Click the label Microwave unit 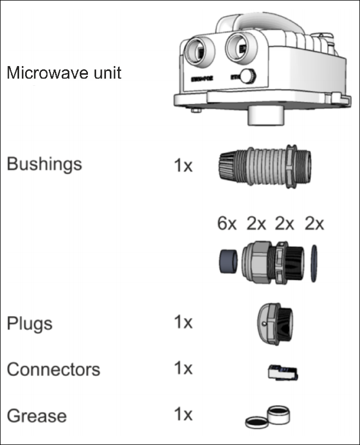[64, 73]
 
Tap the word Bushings [44, 164]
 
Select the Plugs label [29, 323]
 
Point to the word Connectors [54, 370]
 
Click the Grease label [37, 416]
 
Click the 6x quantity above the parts [227, 224]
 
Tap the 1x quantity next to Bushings [183, 165]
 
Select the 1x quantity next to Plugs [183, 323]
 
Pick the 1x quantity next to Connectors [183, 369]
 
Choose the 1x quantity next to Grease [183, 415]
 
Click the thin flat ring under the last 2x [314, 263]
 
